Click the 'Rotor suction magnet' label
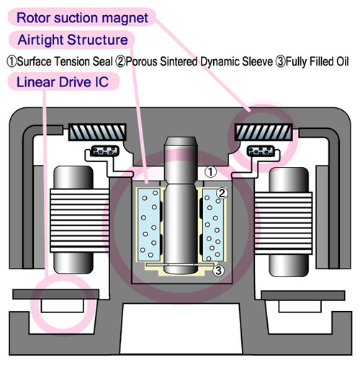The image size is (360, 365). [x=82, y=18]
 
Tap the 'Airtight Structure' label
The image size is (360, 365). [x=73, y=40]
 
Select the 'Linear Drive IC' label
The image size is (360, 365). [x=63, y=82]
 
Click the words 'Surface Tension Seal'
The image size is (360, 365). [x=65, y=61]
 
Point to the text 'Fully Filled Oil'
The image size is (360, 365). [x=317, y=61]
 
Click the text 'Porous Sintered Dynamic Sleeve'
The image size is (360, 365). [x=199, y=61]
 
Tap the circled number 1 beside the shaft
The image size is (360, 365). [x=210, y=172]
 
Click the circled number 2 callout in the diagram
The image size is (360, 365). [x=222, y=193]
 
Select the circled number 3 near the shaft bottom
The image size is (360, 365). [x=218, y=271]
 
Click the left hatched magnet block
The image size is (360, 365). [x=97, y=132]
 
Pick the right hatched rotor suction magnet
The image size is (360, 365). [x=264, y=132]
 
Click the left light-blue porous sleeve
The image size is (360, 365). [x=149, y=225]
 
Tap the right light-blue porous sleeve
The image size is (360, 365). [x=213, y=225]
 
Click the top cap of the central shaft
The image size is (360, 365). [x=181, y=143]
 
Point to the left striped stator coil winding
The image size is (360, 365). [x=79, y=220]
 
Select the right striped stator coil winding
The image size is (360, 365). [x=284, y=223]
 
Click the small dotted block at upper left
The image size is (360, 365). [x=105, y=151]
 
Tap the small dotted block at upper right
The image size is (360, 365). [x=261, y=151]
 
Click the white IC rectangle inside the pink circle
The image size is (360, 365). [x=63, y=306]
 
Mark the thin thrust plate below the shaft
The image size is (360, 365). [x=180, y=264]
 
